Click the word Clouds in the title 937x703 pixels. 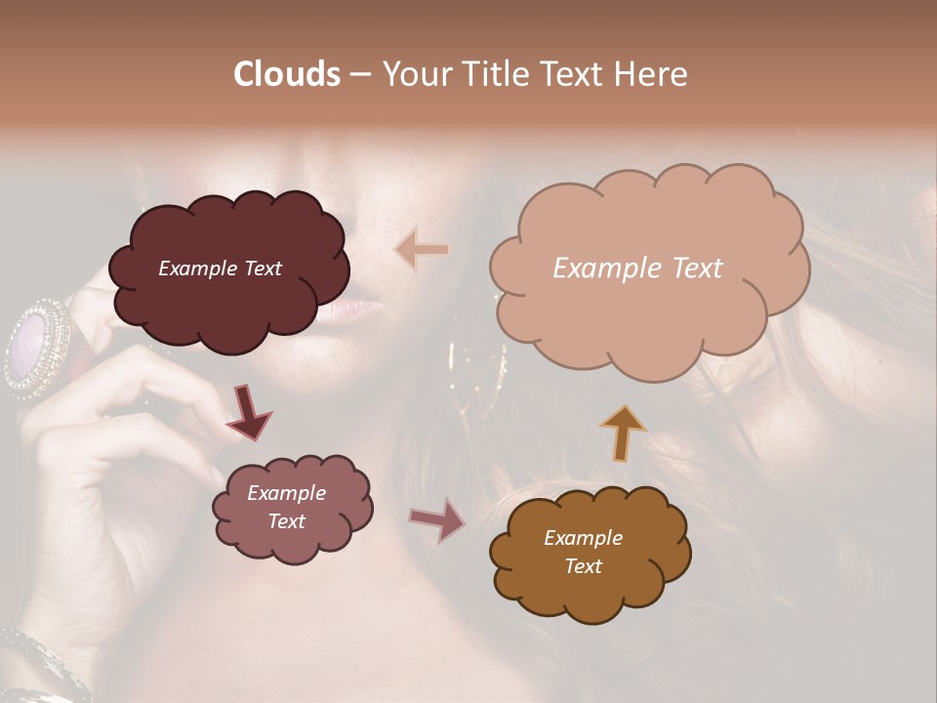click(x=287, y=74)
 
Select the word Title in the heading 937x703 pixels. click(x=495, y=74)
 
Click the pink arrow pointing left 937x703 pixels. click(x=422, y=249)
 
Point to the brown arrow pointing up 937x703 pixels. click(x=624, y=432)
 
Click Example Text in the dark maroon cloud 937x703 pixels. click(x=220, y=269)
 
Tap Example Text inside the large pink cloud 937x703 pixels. click(x=637, y=269)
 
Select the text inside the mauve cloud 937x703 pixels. click(x=286, y=507)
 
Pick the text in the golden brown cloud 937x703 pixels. click(x=583, y=552)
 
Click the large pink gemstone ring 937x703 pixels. click(x=37, y=347)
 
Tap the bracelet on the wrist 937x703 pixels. click(x=39, y=664)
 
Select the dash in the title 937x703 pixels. click(x=360, y=74)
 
